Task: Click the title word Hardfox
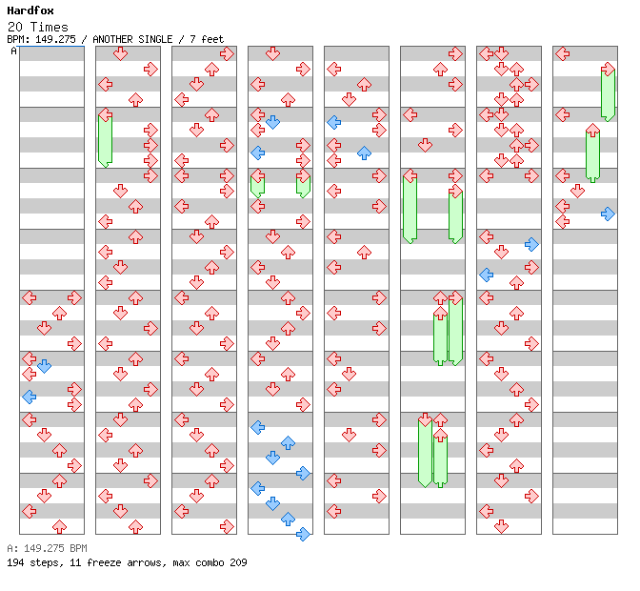click(30, 10)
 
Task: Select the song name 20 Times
click(37, 27)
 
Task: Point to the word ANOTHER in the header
click(112, 39)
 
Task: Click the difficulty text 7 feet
click(207, 39)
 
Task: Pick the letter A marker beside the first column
click(13, 51)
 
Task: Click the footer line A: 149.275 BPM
click(47, 548)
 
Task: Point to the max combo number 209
click(238, 562)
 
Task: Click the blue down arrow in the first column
click(44, 366)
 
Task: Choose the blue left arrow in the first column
click(29, 397)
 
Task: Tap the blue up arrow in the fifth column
click(364, 153)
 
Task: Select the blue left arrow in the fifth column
click(334, 122)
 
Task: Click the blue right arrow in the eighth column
click(608, 214)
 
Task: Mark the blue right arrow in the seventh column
click(531, 244)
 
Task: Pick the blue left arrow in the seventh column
click(486, 275)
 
